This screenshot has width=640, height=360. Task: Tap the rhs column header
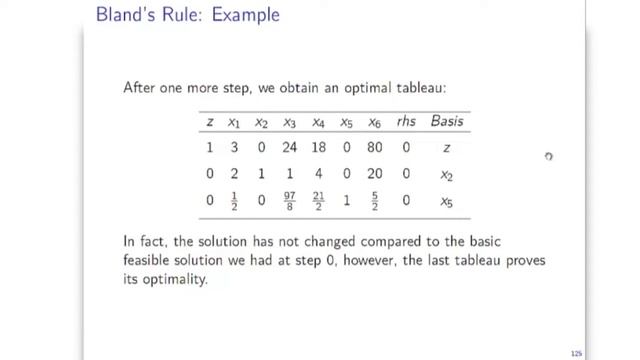(405, 122)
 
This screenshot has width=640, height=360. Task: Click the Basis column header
(447, 122)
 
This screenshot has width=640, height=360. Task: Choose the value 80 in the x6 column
(375, 146)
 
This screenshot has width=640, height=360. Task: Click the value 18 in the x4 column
(317, 146)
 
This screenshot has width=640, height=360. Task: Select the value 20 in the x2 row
(375, 173)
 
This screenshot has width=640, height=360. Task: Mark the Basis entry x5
(447, 202)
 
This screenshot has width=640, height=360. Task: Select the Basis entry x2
(447, 174)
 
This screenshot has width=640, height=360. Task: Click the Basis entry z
(447, 147)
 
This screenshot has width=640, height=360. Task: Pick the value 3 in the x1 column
(233, 146)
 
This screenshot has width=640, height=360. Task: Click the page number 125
(577, 353)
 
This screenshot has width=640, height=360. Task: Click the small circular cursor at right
(549, 156)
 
